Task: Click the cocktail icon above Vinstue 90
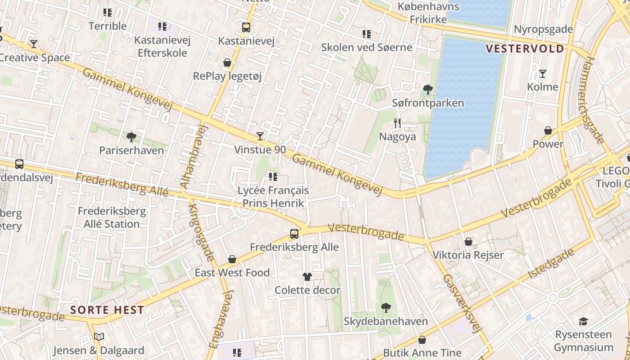pos(260,136)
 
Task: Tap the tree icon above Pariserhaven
pos(131,137)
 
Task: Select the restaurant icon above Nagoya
pos(397,123)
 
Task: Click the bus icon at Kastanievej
pos(246,27)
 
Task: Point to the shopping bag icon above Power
pos(548,130)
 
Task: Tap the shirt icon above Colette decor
pos(307,277)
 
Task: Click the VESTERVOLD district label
pos(525,49)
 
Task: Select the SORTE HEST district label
pos(107,310)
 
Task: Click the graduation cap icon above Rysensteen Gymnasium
pos(583,321)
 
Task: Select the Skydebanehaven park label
pos(386,321)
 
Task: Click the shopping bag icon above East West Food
pos(232,259)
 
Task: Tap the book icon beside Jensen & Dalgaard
pos(99,337)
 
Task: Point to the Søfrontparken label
pos(427,103)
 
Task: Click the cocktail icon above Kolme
pos(543,73)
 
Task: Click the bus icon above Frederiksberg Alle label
pos(294,234)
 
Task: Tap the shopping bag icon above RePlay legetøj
pos(227,63)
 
